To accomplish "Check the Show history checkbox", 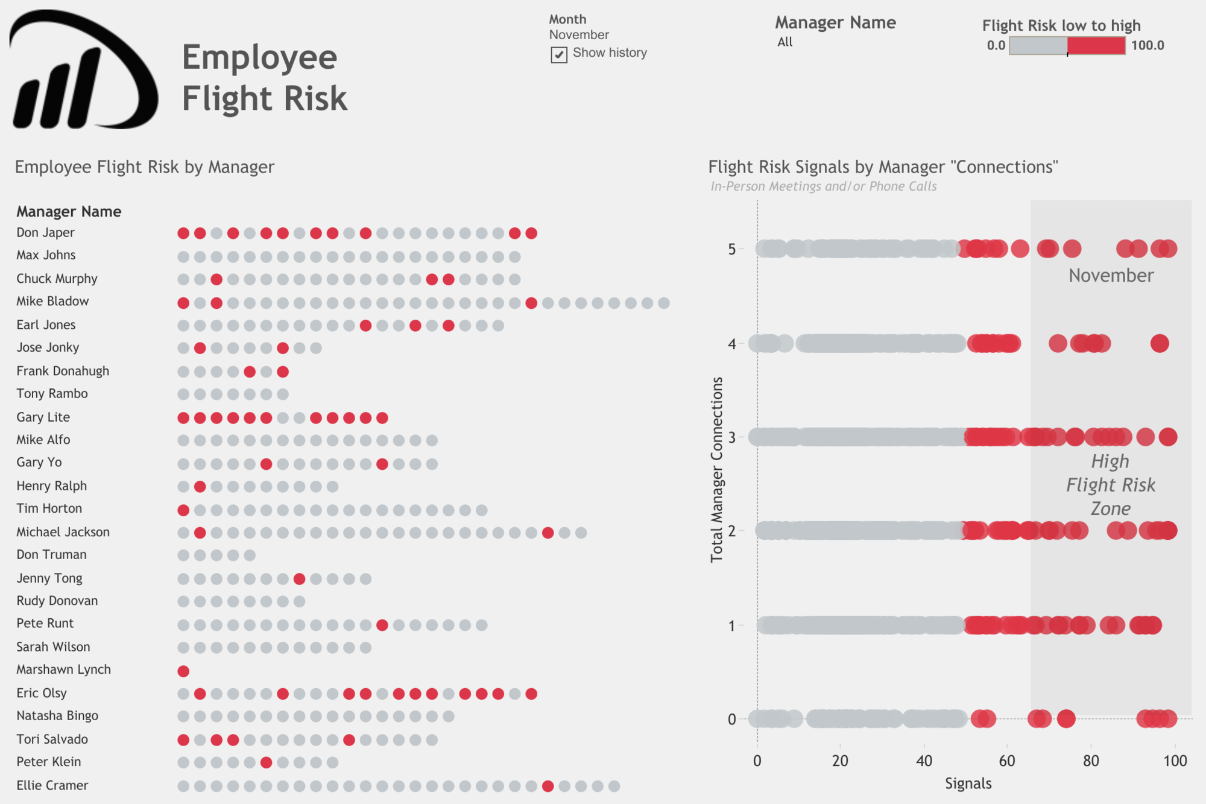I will tap(559, 55).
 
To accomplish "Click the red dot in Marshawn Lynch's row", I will tap(183, 671).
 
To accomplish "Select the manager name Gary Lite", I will tap(43, 417).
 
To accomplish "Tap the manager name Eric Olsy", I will tap(41, 693).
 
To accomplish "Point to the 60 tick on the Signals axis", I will tap(1007, 761).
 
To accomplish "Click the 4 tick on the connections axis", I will tap(732, 344).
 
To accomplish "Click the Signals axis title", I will tap(968, 783).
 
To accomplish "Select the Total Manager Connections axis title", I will tap(716, 470).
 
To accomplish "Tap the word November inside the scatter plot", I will tap(1111, 276).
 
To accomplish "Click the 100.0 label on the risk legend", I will tap(1148, 46).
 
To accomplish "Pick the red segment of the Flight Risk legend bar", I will tap(1096, 46).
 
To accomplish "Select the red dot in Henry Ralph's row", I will tap(200, 486).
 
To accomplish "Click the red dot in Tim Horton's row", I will tap(183, 510).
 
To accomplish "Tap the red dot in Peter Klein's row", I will tap(266, 762).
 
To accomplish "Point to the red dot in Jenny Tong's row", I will tap(299, 579).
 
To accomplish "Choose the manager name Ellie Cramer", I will tap(52, 785).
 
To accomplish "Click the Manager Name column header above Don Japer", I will tap(69, 212).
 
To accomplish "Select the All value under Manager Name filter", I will tap(785, 42).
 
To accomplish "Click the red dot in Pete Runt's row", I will tap(382, 625).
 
